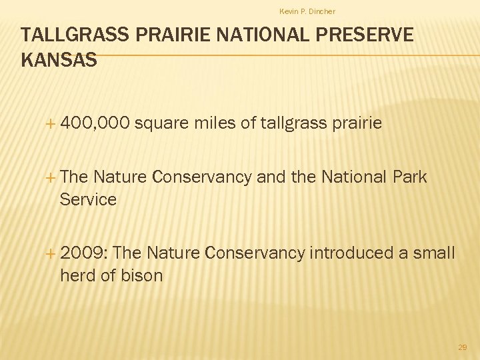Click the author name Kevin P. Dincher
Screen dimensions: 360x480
(307, 11)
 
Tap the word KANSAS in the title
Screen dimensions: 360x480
(59, 60)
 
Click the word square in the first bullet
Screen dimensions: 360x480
(164, 123)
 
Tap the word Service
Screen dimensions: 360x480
(88, 199)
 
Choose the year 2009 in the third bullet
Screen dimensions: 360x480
(85, 253)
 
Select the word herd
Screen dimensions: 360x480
(78, 275)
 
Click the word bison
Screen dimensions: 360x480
(141, 275)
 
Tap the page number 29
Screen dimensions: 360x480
(463, 347)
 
